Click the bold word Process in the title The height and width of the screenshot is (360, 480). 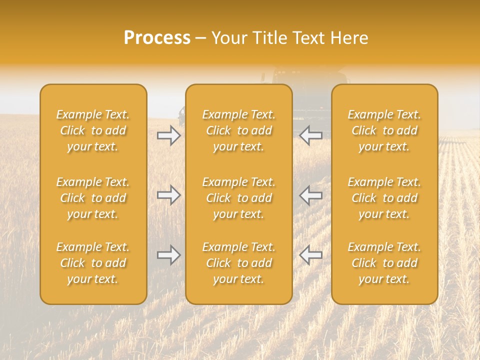[157, 38]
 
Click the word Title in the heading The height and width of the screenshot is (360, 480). [268, 38]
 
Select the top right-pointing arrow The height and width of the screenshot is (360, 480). [169, 135]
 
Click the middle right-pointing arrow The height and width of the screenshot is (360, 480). [169, 194]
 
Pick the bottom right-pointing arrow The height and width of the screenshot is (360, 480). [169, 255]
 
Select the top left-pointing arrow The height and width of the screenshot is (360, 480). [310, 135]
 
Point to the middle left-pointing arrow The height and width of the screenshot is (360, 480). [310, 194]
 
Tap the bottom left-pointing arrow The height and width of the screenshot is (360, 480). [310, 255]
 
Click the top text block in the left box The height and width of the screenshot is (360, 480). [93, 130]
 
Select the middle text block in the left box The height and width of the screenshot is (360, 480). [93, 198]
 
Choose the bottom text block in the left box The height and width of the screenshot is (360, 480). [93, 263]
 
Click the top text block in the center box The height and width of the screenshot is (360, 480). [239, 130]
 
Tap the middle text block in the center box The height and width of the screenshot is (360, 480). [239, 198]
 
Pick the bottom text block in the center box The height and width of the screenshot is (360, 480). [239, 263]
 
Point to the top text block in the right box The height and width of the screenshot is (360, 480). [384, 130]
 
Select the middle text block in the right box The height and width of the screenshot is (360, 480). [384, 198]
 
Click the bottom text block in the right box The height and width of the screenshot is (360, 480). [384, 263]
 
